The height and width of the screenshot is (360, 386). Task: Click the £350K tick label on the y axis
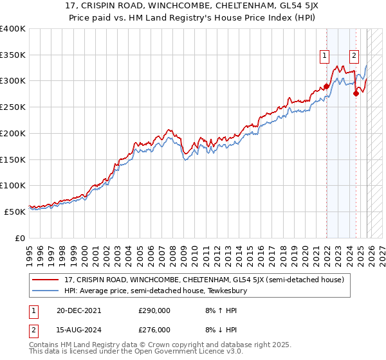[12, 55]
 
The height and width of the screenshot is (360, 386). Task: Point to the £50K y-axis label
[14, 212]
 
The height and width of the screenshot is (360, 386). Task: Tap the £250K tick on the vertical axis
[12, 107]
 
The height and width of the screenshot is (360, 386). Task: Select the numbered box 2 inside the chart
[354, 56]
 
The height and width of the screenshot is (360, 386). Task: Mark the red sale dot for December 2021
[326, 86]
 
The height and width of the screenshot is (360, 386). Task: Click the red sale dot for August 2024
[356, 94]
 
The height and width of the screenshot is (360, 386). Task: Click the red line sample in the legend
[46, 280]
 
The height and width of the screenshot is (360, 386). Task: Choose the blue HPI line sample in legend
[46, 291]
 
